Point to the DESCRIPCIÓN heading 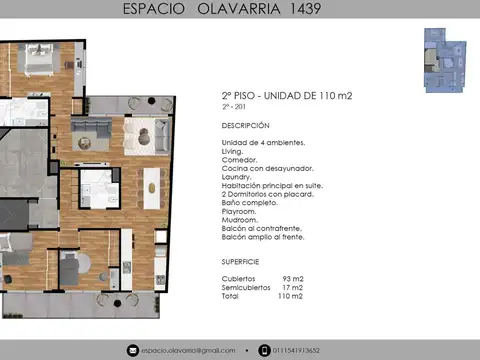[x=245, y=126]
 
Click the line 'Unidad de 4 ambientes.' [x=263, y=143]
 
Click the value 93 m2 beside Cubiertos [x=292, y=279]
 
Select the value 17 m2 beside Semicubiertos [x=292, y=288]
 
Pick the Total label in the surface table [x=230, y=296]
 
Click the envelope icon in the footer [x=131, y=350]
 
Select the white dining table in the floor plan [x=151, y=182]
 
